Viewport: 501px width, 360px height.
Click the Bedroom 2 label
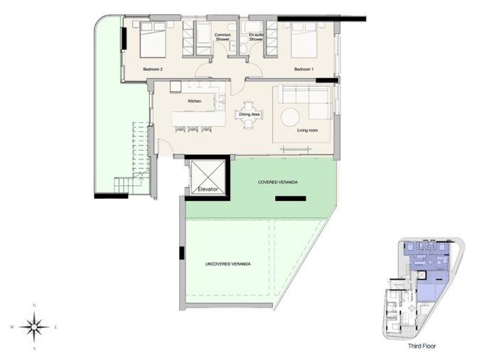tap(153, 70)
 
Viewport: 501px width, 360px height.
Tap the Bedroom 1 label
tap(304, 70)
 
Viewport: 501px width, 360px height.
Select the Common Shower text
tap(223, 37)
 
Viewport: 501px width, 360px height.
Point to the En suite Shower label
tap(256, 37)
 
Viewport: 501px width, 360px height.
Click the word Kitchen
tap(195, 102)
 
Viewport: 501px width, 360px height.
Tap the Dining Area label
tap(249, 114)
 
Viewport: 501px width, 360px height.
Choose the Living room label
tap(307, 130)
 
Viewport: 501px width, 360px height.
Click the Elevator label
tap(206, 190)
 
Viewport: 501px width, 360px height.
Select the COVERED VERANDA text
tap(277, 182)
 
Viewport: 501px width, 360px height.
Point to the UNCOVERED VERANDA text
tap(227, 264)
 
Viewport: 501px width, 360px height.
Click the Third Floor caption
tap(421, 347)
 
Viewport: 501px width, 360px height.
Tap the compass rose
tap(33, 327)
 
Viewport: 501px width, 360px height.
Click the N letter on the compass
tap(33, 306)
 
